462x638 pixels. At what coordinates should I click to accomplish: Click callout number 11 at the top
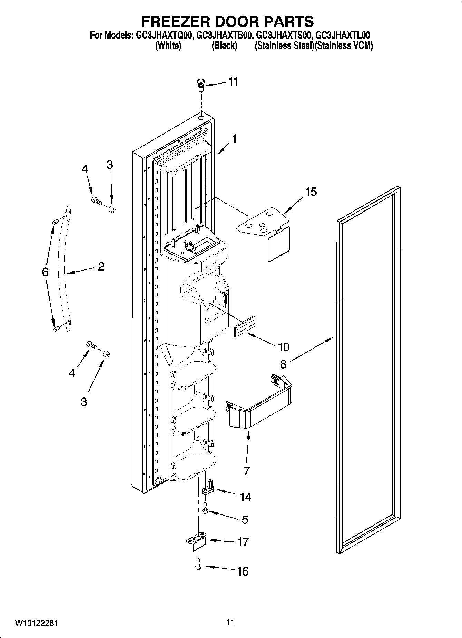point(233,82)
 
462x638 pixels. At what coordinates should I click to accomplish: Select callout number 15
point(311,192)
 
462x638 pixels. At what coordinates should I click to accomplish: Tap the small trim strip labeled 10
point(245,325)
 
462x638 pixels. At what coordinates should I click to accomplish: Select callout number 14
point(246,497)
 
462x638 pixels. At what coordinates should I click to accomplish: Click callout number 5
point(245,520)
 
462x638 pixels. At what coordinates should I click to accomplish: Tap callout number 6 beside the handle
point(45,272)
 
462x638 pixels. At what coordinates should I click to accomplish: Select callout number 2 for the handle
point(101,266)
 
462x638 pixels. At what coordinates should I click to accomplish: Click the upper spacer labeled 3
point(111,209)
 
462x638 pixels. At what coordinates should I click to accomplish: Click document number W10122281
point(36,623)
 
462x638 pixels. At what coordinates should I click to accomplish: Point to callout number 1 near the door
point(234,139)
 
